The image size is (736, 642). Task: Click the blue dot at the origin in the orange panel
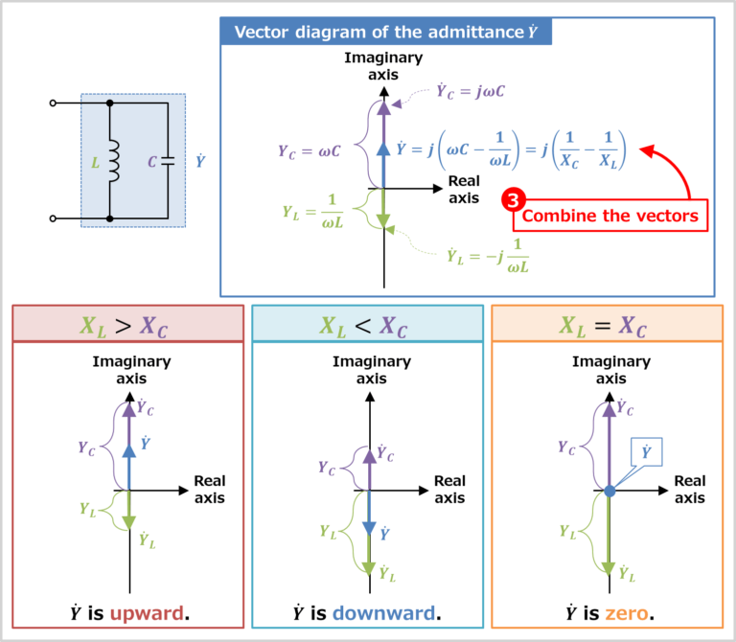click(609, 491)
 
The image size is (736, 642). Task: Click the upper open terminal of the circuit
click(54, 103)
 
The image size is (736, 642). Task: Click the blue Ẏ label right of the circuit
click(199, 161)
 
